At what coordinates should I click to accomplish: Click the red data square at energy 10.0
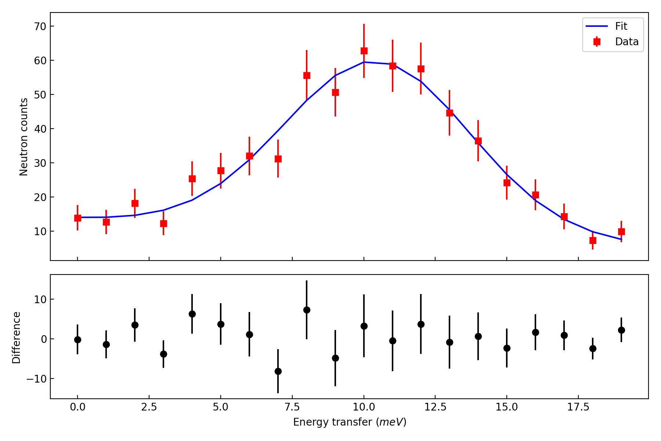tap(364, 51)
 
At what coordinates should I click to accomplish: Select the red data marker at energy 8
tap(307, 76)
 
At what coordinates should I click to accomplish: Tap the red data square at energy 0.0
tap(77, 218)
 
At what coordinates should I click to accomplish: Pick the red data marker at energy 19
tap(621, 232)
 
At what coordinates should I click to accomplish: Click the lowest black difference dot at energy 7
tap(278, 371)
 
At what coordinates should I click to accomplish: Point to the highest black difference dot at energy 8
tap(307, 310)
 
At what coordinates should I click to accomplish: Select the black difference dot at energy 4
tap(192, 314)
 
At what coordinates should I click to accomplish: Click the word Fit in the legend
tap(621, 26)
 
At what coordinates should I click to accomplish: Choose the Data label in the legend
tap(626, 42)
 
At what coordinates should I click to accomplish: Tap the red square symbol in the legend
tap(597, 42)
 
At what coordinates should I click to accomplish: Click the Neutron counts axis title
tap(24, 137)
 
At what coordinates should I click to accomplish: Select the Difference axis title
tap(17, 337)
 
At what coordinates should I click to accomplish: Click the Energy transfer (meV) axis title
tap(350, 422)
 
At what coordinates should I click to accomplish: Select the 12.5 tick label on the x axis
tap(435, 407)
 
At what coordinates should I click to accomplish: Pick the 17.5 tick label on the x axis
tap(578, 407)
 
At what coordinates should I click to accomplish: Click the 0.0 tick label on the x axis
tap(77, 407)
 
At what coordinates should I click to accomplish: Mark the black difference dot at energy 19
tap(621, 330)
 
